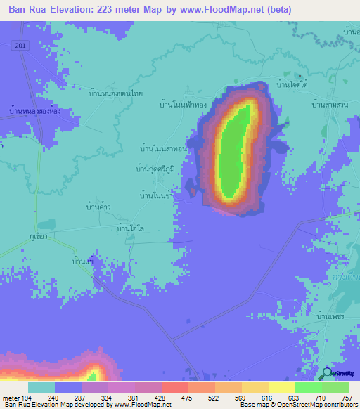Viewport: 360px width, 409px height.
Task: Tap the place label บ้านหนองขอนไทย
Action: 112,91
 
